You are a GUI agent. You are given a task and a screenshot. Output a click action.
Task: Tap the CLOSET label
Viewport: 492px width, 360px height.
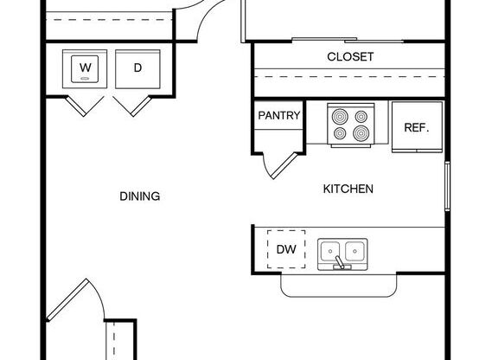point(350,57)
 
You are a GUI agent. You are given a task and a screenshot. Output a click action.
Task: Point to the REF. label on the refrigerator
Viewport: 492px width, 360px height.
point(417,127)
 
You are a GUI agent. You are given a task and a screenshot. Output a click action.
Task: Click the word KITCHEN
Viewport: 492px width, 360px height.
point(348,189)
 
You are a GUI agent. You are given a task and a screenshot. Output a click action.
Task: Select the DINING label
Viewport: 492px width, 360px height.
point(140,196)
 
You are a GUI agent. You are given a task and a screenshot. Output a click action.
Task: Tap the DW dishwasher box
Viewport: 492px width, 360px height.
point(286,250)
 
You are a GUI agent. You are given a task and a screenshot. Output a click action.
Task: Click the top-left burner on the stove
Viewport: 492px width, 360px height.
point(339,115)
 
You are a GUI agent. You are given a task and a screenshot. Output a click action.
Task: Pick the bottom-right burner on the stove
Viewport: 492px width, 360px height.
point(361,133)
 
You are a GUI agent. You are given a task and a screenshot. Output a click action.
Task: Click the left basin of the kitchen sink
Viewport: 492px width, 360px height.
point(332,252)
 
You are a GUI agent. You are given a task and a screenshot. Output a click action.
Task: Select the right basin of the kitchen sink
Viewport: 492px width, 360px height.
point(355,252)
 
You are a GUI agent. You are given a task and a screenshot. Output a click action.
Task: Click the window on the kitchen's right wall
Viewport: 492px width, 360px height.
point(447,185)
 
